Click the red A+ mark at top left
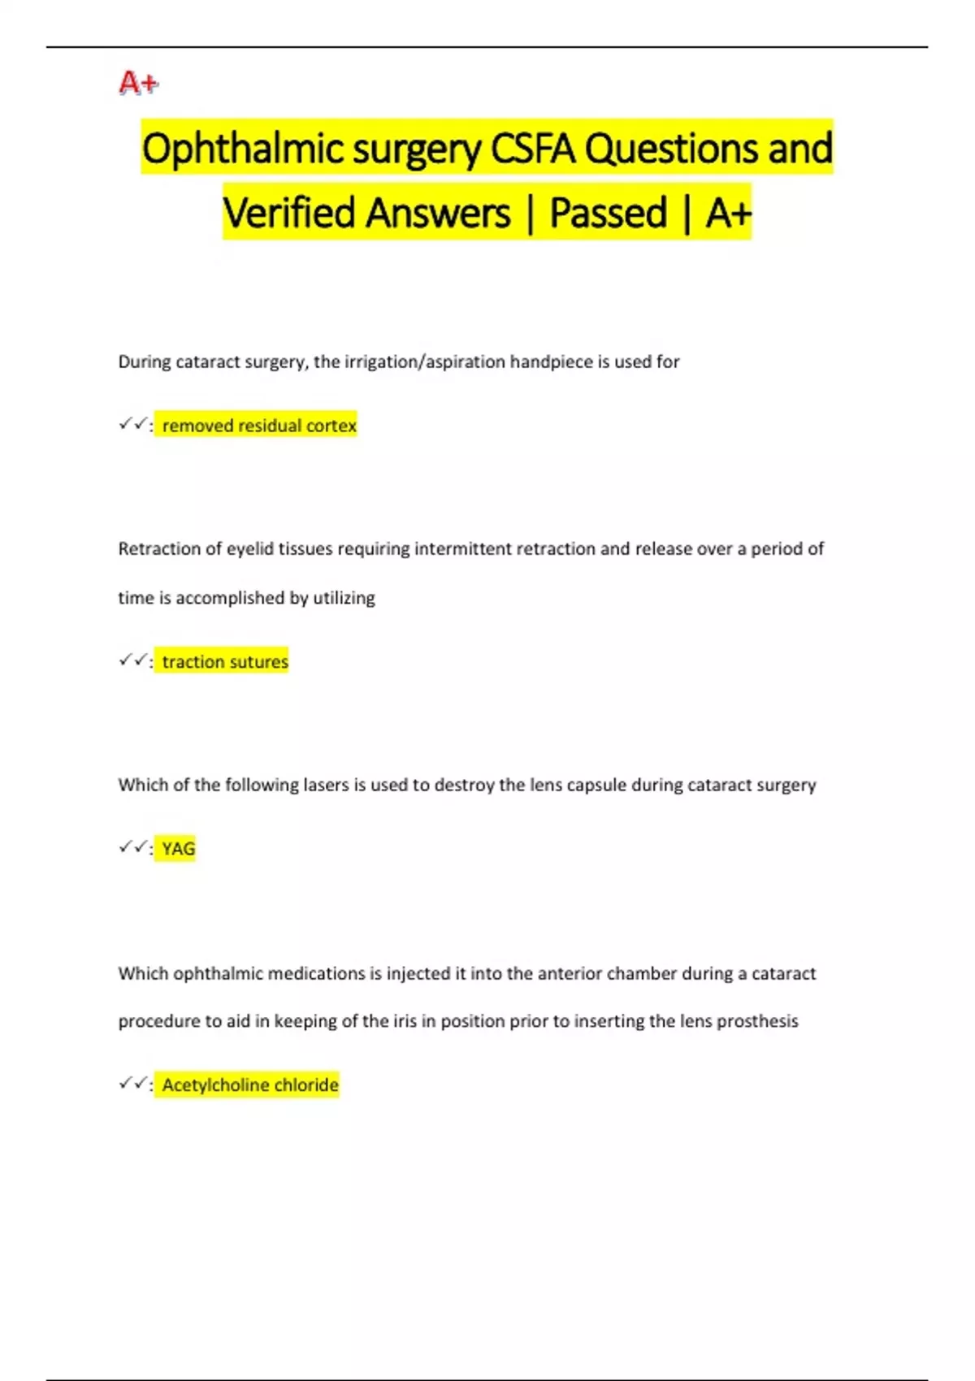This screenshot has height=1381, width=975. click(138, 83)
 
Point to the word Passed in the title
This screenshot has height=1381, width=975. click(608, 214)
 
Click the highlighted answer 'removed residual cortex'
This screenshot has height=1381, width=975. click(259, 426)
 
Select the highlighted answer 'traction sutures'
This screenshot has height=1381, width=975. click(225, 662)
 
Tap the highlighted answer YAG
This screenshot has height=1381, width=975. click(179, 849)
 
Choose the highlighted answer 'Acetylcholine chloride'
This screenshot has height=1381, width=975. click(250, 1085)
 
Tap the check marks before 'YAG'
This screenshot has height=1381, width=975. click(132, 847)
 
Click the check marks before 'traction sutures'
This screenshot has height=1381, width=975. click(132, 660)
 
